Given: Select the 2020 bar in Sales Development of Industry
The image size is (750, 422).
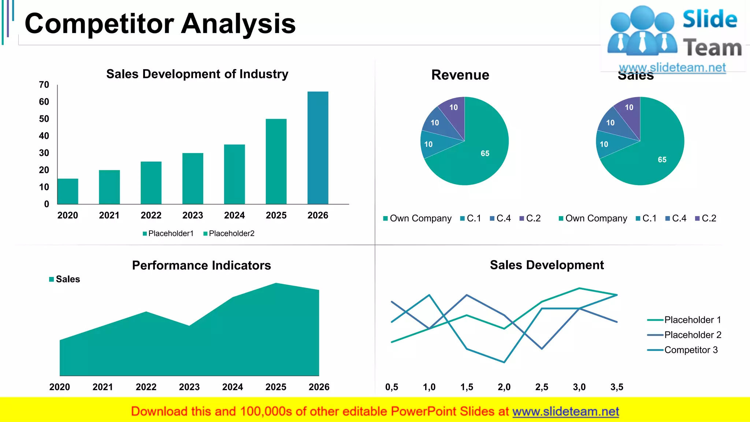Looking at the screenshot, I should tap(68, 191).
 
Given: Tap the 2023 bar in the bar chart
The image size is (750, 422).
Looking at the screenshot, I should tap(193, 178).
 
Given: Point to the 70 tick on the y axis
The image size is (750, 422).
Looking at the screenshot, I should tap(44, 85).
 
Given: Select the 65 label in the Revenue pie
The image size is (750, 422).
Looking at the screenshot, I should tap(485, 153).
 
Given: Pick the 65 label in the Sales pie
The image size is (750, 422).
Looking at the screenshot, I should tap(662, 160).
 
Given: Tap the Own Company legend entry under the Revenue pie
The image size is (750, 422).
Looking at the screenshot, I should tap(417, 218).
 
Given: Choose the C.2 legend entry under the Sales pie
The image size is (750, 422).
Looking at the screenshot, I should tap(706, 218).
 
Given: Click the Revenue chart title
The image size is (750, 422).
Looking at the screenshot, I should tap(460, 75).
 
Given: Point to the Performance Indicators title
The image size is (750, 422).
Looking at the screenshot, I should tap(201, 265).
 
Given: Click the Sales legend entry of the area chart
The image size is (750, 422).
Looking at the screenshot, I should tap(65, 279).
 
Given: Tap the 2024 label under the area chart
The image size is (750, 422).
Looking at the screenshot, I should tap(233, 387).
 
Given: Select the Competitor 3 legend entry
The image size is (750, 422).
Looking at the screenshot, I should tap(687, 350).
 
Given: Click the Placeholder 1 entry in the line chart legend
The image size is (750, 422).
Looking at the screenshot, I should tap(688, 320).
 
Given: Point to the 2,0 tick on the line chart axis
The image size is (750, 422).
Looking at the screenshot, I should tap(504, 387).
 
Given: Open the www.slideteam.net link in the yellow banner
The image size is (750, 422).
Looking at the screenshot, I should tap(565, 411).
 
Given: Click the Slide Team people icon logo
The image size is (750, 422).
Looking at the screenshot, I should tap(642, 31).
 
